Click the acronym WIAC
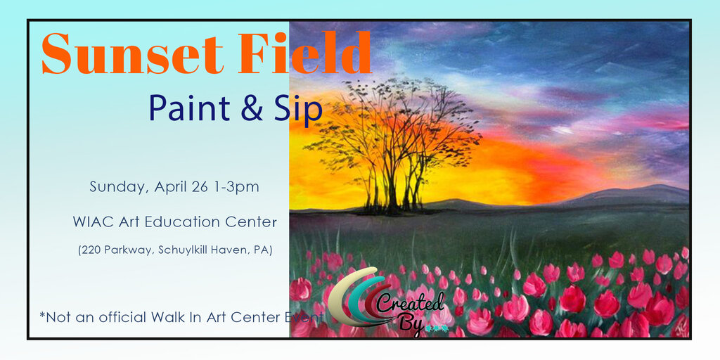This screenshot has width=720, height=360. [93, 222]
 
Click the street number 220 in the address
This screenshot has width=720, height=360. [91, 250]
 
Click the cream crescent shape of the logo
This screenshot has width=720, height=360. [341, 295]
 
